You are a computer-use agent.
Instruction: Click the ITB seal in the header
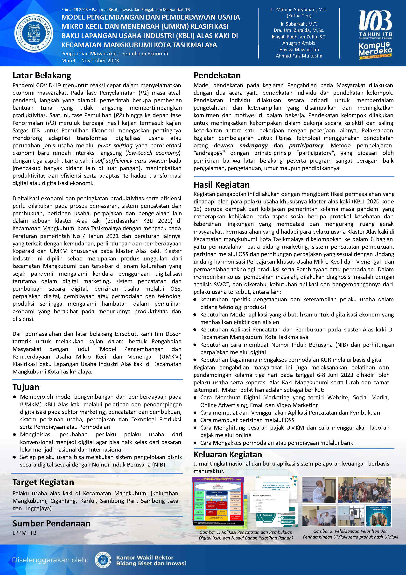[34, 33]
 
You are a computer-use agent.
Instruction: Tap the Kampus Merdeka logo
[375, 50]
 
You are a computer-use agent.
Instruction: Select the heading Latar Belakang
[42, 75]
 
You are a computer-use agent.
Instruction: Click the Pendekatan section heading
[217, 75]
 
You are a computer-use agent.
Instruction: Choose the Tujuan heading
[26, 387]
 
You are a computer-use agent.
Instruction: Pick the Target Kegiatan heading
[43, 482]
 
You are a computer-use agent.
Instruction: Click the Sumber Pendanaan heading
[51, 523]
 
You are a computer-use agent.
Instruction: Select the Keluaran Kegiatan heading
[228, 454]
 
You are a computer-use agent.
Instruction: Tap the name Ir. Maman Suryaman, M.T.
[299, 10]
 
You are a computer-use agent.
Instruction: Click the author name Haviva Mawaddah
[299, 50]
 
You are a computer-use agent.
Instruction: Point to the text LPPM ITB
[25, 533]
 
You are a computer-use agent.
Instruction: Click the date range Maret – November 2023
[90, 61]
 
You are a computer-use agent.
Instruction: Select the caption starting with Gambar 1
[246, 535]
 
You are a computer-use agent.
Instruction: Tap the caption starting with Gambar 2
[350, 534]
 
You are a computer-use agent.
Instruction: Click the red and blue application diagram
[218, 501]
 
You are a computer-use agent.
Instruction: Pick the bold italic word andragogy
[253, 145]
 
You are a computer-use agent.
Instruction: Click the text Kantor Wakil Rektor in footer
[145, 557]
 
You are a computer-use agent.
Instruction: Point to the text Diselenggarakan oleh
[50, 560]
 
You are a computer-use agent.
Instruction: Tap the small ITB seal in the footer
[103, 560]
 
